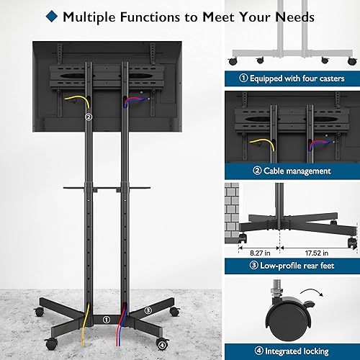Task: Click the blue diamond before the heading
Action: click(x=70, y=16)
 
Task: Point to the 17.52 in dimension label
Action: click(x=314, y=253)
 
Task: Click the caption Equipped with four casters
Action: click(x=297, y=78)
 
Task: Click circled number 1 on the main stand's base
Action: click(x=106, y=319)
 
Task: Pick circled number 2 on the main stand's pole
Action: click(x=89, y=117)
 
